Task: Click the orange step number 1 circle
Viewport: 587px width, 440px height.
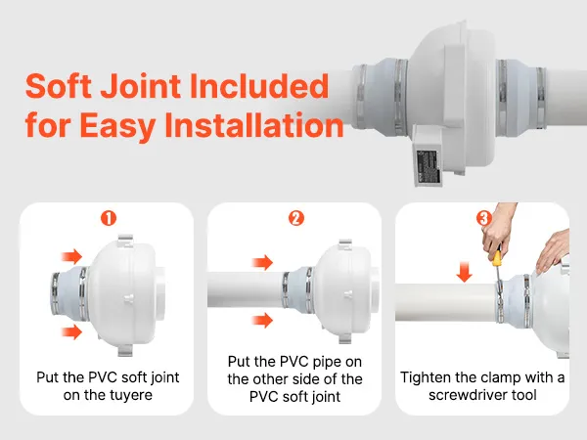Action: (x=109, y=218)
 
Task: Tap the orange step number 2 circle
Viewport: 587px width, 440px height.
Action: (x=296, y=218)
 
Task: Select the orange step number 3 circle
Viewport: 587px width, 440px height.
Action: (x=483, y=218)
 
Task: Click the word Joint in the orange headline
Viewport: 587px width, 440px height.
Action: (x=141, y=86)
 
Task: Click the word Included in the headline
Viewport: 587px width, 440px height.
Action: (x=259, y=86)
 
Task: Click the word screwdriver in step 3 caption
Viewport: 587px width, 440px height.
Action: (x=470, y=395)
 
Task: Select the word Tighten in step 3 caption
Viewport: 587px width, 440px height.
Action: (x=425, y=377)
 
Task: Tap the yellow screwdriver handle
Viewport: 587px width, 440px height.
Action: (x=497, y=258)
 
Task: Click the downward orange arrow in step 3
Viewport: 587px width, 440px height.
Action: (x=464, y=271)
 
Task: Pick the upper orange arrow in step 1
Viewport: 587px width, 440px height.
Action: (x=71, y=256)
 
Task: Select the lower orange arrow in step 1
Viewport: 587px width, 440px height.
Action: (x=71, y=331)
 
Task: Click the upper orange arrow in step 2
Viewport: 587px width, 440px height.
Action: (x=262, y=262)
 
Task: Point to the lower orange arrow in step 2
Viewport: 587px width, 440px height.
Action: (x=262, y=321)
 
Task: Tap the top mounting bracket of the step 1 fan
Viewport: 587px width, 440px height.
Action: (x=125, y=240)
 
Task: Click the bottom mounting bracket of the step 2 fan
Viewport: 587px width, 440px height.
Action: (x=345, y=339)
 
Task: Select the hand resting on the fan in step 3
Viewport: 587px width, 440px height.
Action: (x=553, y=250)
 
